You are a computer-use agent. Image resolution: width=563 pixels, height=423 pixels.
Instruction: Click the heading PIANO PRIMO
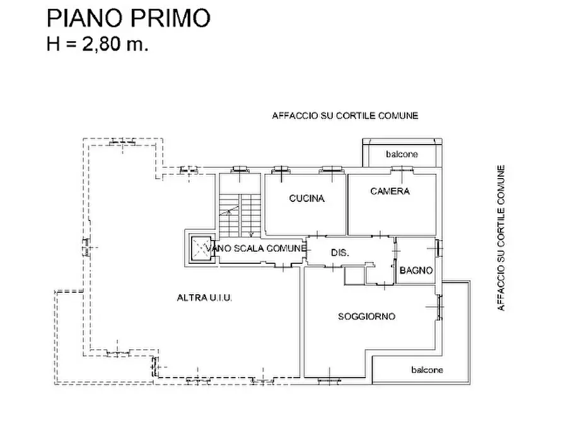[x=128, y=19]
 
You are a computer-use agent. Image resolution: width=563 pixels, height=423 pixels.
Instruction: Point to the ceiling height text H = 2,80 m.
[x=98, y=45]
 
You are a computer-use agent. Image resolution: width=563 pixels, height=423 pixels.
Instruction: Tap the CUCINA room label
[x=306, y=198]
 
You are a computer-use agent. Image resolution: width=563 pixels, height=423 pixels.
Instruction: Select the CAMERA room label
[x=390, y=191]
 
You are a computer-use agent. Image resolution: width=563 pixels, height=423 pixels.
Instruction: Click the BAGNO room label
[x=416, y=271]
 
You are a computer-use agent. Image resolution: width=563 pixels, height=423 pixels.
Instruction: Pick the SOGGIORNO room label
[x=366, y=316]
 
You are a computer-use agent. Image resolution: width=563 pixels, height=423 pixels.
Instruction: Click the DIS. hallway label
[x=340, y=253]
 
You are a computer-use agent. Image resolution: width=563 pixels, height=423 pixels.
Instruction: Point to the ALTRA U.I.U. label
[x=204, y=297]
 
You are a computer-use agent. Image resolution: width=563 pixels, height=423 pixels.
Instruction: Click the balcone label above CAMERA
[x=402, y=154]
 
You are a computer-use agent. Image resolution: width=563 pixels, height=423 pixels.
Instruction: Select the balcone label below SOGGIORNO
[x=427, y=370]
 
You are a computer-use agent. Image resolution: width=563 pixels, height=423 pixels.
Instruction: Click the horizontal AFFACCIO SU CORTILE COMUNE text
[x=345, y=116]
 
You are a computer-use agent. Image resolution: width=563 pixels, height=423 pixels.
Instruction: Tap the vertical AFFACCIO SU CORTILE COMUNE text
[x=501, y=238]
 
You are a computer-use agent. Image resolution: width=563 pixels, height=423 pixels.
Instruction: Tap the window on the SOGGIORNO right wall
[x=438, y=307]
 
